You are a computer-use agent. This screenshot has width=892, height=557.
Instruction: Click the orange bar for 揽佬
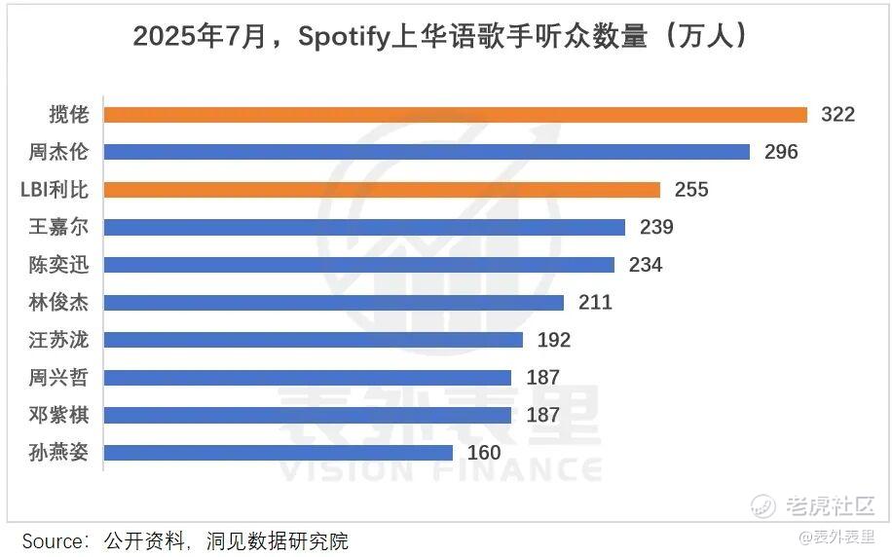click(455, 115)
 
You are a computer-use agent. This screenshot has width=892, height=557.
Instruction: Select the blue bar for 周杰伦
click(426, 152)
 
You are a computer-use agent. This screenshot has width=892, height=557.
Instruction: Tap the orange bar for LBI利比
click(381, 190)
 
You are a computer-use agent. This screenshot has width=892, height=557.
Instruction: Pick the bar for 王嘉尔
click(363, 227)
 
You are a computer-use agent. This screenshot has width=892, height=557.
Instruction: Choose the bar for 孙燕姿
click(278, 453)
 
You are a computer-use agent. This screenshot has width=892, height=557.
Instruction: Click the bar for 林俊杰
click(333, 303)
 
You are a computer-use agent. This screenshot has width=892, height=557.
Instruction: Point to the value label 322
click(837, 115)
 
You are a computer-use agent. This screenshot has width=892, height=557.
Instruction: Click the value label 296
click(781, 152)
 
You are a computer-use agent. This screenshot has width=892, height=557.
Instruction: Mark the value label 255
click(691, 190)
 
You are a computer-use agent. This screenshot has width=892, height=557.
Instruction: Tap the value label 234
click(646, 265)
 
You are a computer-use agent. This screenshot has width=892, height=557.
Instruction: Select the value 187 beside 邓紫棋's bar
click(542, 416)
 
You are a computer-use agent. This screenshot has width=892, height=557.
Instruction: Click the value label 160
click(484, 453)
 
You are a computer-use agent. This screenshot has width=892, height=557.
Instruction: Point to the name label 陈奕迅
click(58, 265)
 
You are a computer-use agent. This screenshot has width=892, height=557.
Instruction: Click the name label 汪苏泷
click(58, 340)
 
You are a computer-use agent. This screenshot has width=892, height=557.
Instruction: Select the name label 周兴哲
click(58, 378)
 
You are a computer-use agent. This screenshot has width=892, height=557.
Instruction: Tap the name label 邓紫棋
click(58, 416)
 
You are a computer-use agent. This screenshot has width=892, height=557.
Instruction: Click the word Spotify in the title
click(345, 37)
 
